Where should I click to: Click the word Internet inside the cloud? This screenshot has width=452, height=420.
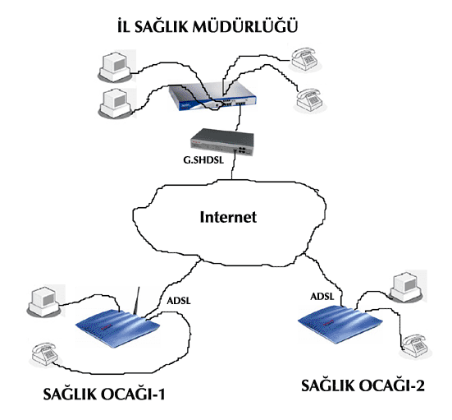coord(228,217)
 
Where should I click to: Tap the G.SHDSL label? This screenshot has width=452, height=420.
coord(203,160)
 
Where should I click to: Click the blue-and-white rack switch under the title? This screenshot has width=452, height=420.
coord(212,98)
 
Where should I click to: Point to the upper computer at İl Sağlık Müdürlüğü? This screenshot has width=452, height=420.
coord(116,67)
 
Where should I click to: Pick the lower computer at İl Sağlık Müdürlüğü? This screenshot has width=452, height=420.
coord(116,104)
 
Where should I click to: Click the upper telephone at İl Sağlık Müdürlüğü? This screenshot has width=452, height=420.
coord(305,60)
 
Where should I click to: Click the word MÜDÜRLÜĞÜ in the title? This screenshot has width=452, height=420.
coord(245,26)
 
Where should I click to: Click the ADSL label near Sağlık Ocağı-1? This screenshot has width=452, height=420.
coord(179,301)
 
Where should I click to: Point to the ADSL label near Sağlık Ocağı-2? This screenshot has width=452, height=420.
coord(322,297)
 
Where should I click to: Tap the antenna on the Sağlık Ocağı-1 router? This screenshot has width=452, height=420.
coord(137,301)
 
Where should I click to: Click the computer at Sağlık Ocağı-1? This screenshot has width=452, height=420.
coord(46,301)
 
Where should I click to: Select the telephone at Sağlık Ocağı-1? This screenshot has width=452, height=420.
coord(45,355)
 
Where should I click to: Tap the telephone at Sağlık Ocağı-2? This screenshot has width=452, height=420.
coord(416,346)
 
